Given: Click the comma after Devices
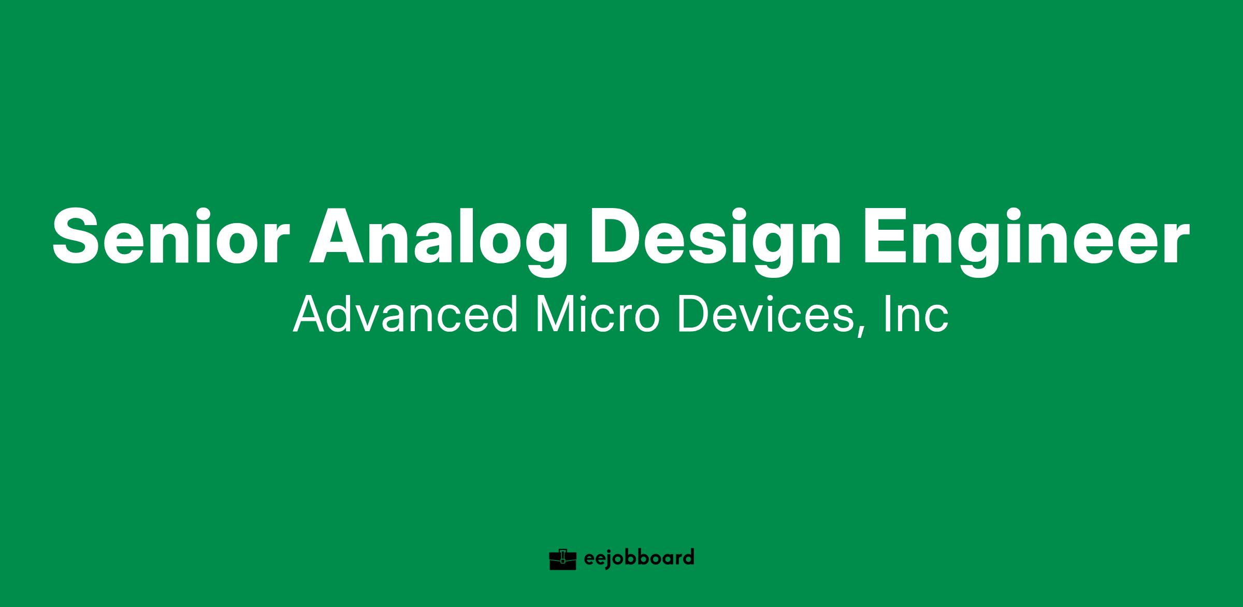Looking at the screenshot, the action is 860,332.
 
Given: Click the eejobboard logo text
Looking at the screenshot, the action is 639,559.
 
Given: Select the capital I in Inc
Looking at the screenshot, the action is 886,314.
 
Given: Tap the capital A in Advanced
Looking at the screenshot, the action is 311,314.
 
